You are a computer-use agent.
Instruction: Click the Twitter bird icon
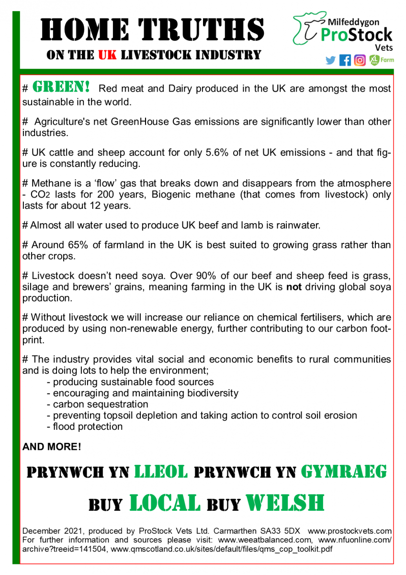(330, 60)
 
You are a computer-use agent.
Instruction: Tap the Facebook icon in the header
(345, 60)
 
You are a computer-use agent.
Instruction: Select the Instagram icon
(360, 60)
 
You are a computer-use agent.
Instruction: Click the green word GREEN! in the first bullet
(61, 87)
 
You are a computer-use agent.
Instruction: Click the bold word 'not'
(293, 287)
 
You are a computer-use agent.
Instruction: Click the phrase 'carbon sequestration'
(101, 404)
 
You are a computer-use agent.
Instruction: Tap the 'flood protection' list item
(88, 426)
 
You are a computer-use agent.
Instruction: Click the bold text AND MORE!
(52, 447)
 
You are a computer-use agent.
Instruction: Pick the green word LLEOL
(160, 472)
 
